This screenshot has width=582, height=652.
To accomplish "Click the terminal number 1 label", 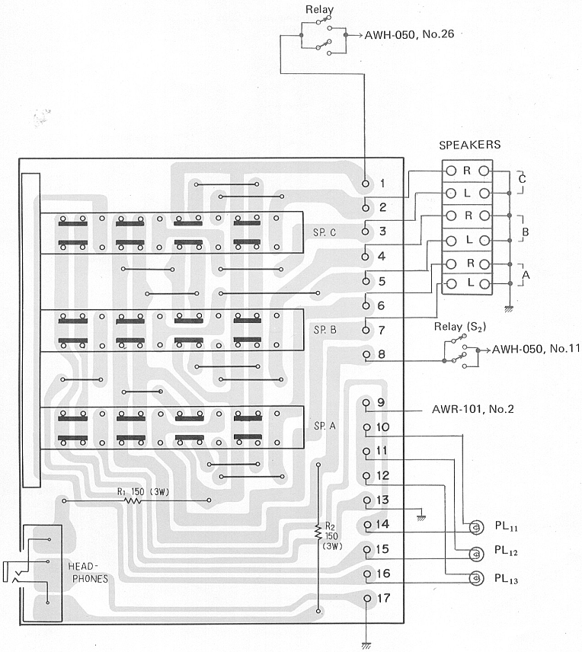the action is [382, 183].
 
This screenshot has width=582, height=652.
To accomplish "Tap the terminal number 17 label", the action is [384, 598].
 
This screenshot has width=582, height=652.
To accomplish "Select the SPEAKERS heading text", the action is [470, 145].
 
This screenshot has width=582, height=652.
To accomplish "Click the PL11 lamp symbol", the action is [476, 527].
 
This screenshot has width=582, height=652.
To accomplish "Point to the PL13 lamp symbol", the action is [476, 578].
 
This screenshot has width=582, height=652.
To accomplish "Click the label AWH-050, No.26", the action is [409, 34].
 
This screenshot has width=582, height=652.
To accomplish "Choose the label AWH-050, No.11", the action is [536, 349].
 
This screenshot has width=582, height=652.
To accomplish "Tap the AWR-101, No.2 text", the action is [472, 409].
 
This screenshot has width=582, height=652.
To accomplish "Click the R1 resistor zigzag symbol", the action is [133, 501].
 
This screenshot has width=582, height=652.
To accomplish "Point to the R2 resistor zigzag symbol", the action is [318, 532].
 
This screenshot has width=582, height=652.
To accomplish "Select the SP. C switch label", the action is [325, 232].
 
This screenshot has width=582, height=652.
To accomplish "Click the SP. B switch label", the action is [325, 330].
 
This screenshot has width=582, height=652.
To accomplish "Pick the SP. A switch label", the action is [325, 426].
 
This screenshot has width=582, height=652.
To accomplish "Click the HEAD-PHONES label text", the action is [88, 573].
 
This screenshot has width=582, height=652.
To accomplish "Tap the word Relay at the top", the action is [319, 9].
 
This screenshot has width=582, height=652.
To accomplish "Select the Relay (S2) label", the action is [459, 327].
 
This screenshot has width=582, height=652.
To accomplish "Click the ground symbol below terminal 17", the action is [366, 646].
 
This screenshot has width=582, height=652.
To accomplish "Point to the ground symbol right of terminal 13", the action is [421, 518].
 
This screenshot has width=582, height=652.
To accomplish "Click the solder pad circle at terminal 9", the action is [366, 402].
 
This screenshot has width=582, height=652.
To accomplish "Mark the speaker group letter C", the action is [522, 179].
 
